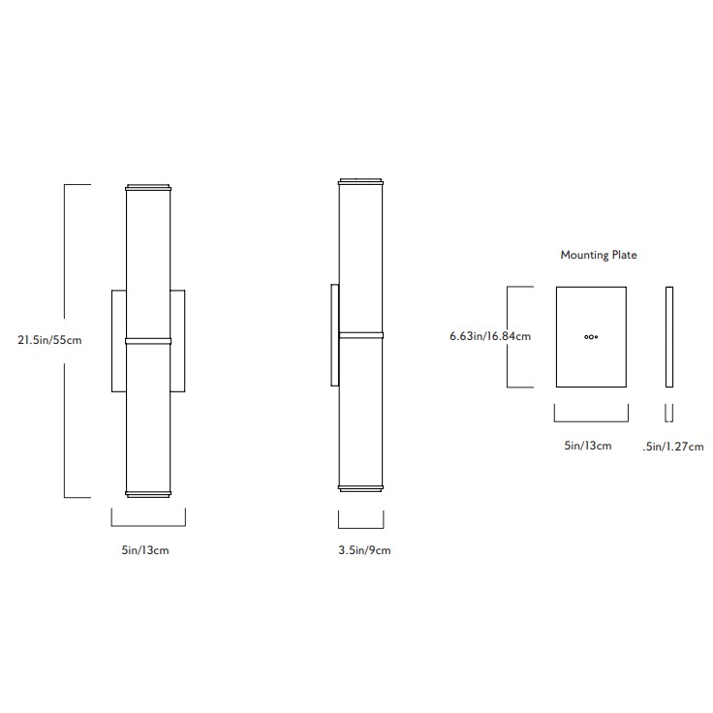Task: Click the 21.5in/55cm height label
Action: [49, 340]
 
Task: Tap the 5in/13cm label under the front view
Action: [145, 550]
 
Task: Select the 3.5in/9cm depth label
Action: [364, 550]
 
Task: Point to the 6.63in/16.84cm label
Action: [490, 336]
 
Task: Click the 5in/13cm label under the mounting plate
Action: [588, 446]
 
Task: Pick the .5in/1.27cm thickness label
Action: [673, 447]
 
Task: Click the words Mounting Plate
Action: [599, 255]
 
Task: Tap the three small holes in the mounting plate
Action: [591, 337]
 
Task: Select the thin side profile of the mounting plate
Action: [669, 337]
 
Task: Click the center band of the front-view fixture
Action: [148, 341]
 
